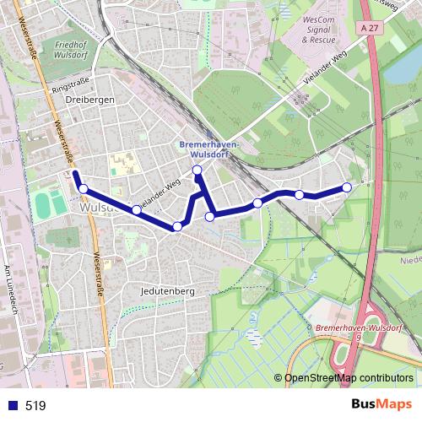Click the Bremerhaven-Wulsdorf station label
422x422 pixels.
click(x=209, y=149)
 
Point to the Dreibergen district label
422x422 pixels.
click(x=89, y=100)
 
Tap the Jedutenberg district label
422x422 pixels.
click(x=169, y=291)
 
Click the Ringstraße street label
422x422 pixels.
click(x=70, y=87)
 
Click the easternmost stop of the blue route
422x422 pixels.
click(x=346, y=187)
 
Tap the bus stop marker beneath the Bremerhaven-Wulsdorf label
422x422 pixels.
click(x=197, y=170)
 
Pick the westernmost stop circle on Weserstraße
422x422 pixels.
click(x=83, y=188)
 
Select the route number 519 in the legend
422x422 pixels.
click(x=35, y=406)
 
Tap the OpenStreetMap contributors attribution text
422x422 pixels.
click(x=349, y=377)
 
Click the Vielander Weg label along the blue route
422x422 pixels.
click(x=160, y=193)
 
